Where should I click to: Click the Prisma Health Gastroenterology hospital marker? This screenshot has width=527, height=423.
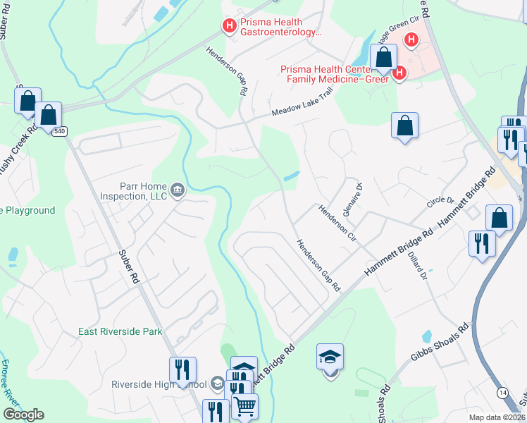pyautogui.click(x=229, y=27)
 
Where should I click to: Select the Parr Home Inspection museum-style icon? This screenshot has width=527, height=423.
pyautogui.click(x=178, y=190)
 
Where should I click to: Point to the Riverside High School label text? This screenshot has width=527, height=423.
pyautogui.click(x=159, y=385)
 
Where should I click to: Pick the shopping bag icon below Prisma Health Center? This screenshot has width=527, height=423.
pyautogui.click(x=404, y=126)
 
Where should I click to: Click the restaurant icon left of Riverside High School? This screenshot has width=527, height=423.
pyautogui.click(x=182, y=369)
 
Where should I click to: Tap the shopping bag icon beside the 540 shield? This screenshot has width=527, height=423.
pyautogui.click(x=49, y=114)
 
